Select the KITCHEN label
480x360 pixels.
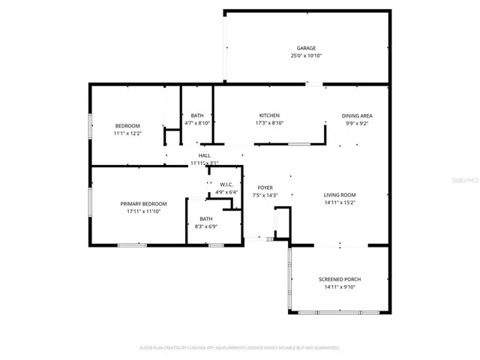[x=270, y=115]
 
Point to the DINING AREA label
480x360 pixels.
[x=357, y=115]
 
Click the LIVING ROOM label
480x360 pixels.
[x=339, y=194]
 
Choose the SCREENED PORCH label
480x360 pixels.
[x=339, y=279]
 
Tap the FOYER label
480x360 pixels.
[x=265, y=187]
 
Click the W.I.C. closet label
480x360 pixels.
[x=226, y=184]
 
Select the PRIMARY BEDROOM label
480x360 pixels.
[x=144, y=204]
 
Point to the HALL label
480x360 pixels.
[x=204, y=155]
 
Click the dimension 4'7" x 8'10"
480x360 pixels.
[x=197, y=123]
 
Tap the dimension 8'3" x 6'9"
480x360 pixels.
[x=205, y=226]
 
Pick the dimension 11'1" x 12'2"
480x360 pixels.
[x=127, y=133]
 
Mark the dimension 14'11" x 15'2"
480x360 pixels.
[x=339, y=202]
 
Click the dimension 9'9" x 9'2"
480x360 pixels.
[x=357, y=123]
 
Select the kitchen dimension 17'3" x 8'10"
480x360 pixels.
[x=270, y=123]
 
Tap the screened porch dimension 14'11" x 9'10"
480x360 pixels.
[x=339, y=287]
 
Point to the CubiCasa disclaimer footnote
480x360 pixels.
[x=240, y=348]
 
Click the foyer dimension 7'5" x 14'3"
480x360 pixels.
[x=265, y=195]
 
